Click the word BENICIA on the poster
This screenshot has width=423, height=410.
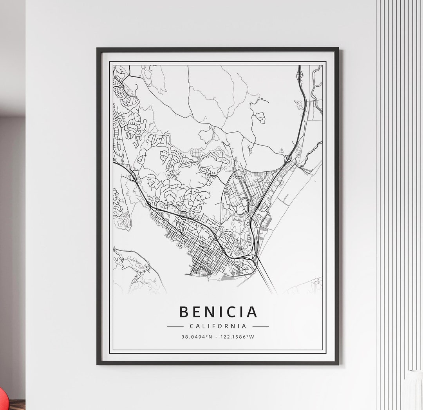tap(218, 312)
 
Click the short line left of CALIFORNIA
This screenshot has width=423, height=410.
tap(175, 326)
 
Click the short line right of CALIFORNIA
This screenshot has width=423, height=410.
tap(260, 326)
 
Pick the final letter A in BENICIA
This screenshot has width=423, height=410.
tap(252, 312)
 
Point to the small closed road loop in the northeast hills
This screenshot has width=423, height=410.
tap(260, 117)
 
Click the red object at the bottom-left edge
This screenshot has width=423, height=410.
tap(2, 400)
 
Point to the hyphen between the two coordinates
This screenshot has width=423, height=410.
tap(218, 337)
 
